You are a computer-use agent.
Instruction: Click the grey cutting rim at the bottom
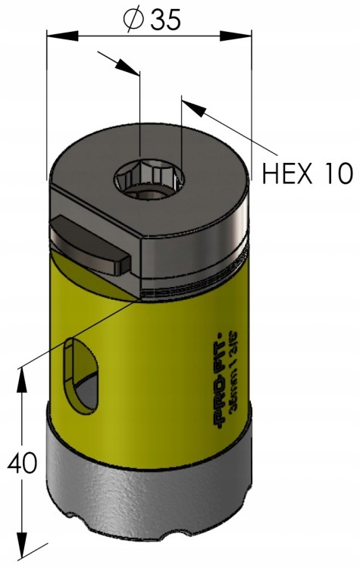[x=152, y=500]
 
